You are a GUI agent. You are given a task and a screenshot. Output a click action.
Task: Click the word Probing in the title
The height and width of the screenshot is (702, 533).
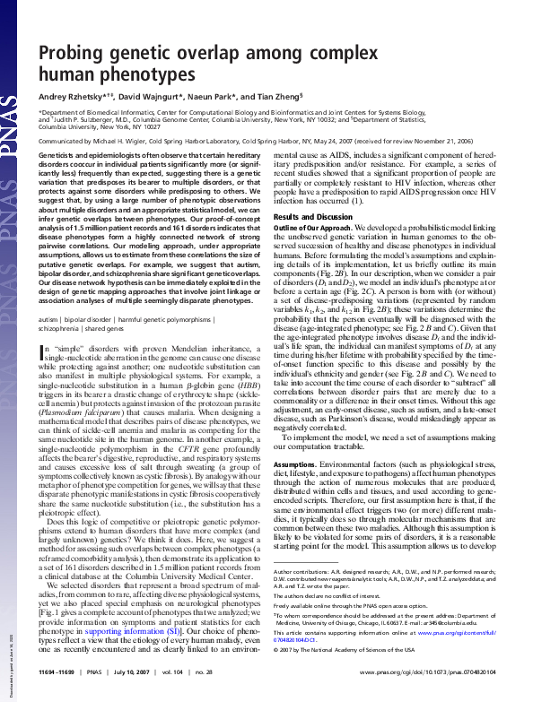click(x=73, y=54)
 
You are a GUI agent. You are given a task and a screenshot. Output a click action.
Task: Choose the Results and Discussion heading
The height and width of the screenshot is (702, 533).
click(x=310, y=217)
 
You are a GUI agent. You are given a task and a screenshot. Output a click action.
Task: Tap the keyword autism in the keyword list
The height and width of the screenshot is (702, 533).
click(x=51, y=318)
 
